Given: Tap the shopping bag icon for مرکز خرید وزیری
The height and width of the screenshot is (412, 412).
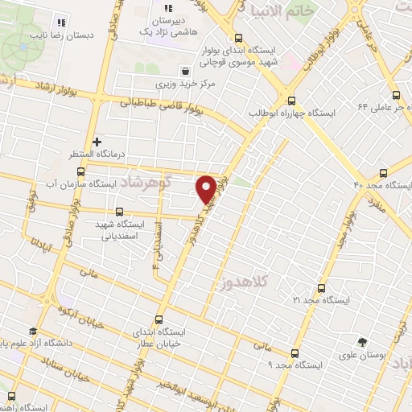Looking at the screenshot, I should [185, 70].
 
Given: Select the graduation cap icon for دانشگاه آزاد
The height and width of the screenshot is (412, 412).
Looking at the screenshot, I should [33, 332].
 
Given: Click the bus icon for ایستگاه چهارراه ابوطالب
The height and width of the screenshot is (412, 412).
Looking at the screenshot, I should [291, 101].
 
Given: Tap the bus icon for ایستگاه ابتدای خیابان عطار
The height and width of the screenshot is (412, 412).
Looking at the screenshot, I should [159, 319].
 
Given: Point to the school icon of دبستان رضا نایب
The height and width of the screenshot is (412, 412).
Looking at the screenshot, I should [62, 22].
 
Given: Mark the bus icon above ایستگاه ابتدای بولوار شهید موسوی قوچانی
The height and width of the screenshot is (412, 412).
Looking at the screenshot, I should [238, 38].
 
